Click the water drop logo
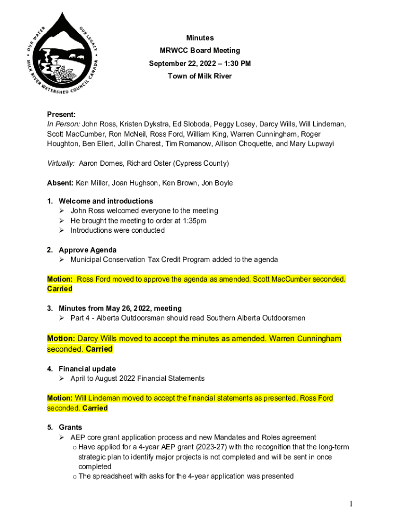coord(62,54)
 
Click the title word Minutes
coord(200,38)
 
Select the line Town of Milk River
coord(200,76)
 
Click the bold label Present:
coord(61,114)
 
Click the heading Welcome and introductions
coord(105,201)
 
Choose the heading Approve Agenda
coord(87,250)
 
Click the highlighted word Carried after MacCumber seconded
coord(60,289)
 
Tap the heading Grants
coord(70,427)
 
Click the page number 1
coord(352,503)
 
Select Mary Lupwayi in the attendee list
coord(311,144)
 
